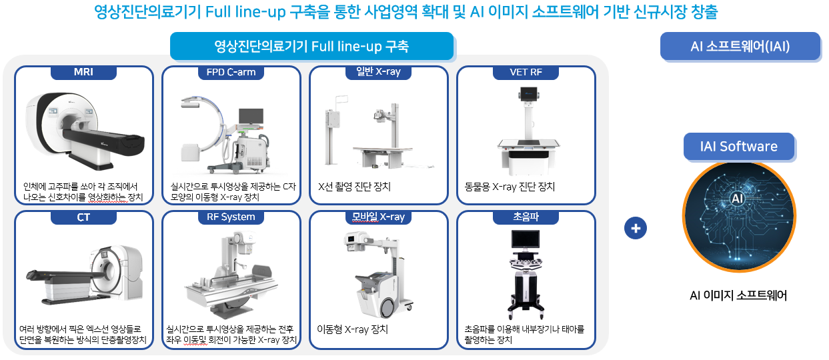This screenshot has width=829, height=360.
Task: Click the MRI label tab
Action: click(83, 72)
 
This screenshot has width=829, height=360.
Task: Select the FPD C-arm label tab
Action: click(231, 72)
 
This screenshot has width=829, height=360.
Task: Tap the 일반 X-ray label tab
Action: click(379, 71)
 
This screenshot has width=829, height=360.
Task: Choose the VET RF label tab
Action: click(526, 72)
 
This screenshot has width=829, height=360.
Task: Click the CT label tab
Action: click(83, 217)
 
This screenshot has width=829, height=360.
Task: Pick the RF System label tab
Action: click(231, 217)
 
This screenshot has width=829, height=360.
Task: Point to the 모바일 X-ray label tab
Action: click(379, 217)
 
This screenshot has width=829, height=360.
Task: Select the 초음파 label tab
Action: click(526, 217)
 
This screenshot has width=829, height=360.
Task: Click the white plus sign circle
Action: click(636, 228)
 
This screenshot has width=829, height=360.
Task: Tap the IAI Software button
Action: click(739, 147)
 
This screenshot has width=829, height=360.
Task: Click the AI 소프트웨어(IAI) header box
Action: click(740, 46)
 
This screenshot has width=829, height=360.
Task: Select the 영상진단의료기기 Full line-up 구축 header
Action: click(311, 46)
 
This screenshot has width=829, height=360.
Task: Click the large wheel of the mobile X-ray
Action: click(387, 308)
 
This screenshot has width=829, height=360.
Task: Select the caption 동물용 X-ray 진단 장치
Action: click(510, 187)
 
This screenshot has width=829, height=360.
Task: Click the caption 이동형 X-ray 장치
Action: click(352, 329)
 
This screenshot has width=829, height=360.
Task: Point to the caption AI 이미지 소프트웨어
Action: click(738, 295)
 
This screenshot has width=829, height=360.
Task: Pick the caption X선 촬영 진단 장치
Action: click(354, 187)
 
